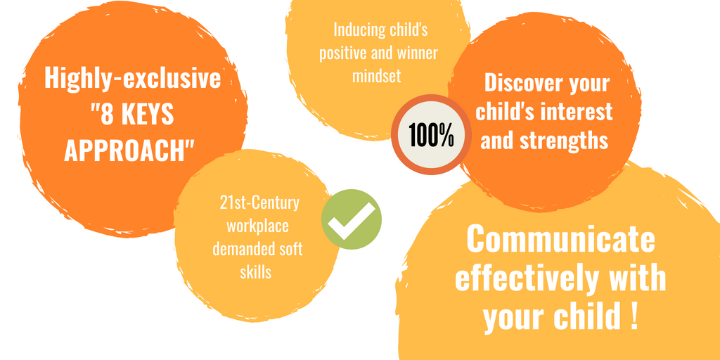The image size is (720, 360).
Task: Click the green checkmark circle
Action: click(x=352, y=219)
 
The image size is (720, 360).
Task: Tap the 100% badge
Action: click(x=431, y=135)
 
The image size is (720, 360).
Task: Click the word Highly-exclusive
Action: click(x=132, y=79)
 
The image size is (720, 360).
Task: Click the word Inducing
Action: click(x=353, y=30)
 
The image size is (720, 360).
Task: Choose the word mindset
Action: click(x=377, y=75)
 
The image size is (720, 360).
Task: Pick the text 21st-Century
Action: click(x=259, y=203)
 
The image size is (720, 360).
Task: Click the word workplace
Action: click(x=257, y=226)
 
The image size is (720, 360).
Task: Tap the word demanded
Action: click(x=239, y=250)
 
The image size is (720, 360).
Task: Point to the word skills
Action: click(x=256, y=272)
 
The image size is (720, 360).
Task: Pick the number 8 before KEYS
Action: click(x=106, y=115)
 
